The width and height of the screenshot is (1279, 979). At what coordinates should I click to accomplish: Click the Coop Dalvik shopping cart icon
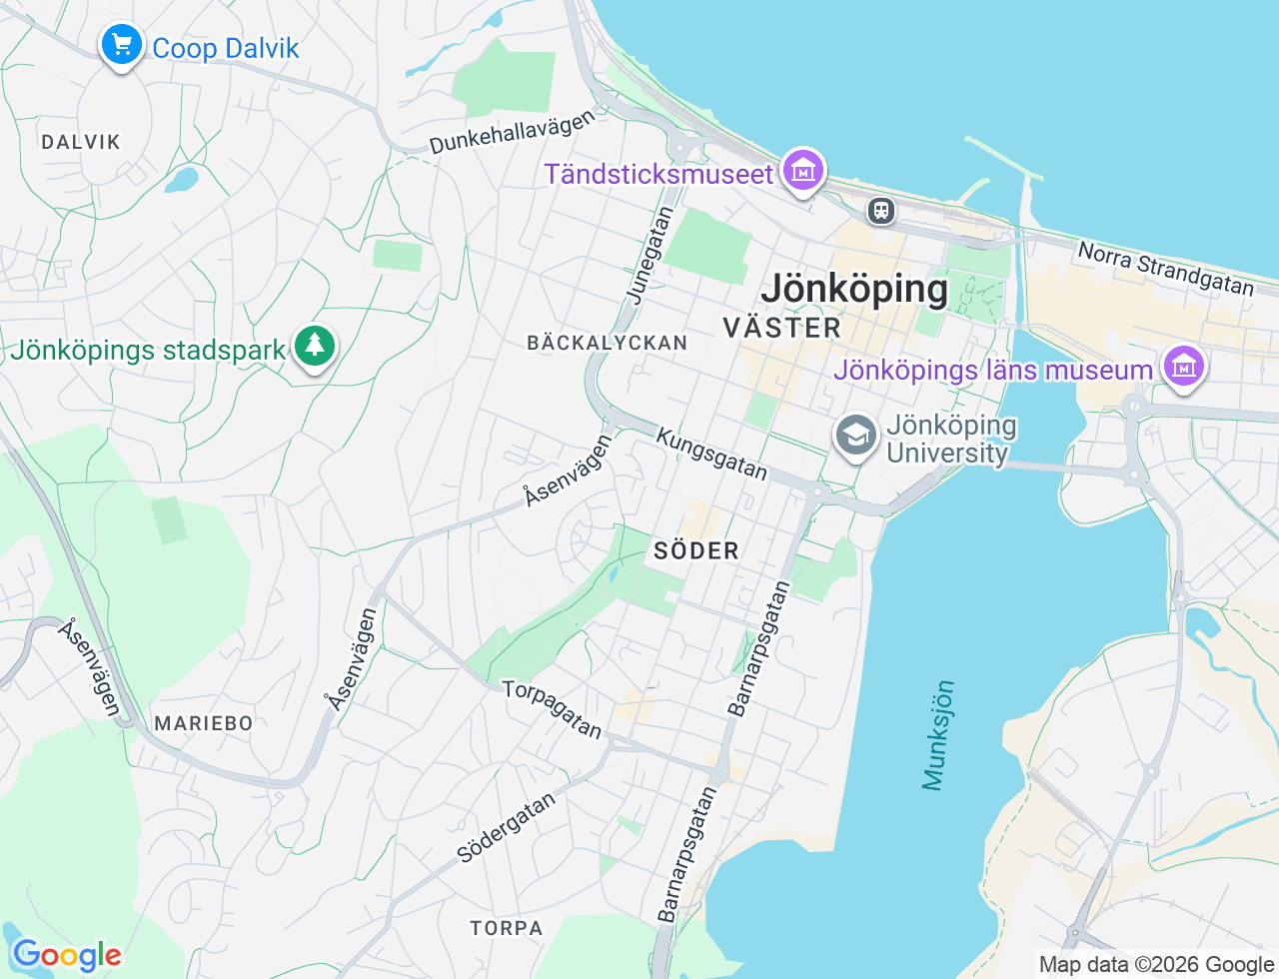[x=122, y=45]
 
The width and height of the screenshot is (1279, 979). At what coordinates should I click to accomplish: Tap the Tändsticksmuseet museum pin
[x=803, y=171]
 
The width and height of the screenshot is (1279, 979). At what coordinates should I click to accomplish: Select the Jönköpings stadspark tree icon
[x=315, y=347]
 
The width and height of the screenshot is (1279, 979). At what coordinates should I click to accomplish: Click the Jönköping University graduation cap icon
[x=856, y=437]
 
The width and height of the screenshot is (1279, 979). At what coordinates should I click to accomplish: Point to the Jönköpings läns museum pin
[x=1184, y=367]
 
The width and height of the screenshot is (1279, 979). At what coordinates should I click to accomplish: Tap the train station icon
[x=880, y=210]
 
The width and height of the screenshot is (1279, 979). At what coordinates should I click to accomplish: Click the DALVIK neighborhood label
[x=81, y=142]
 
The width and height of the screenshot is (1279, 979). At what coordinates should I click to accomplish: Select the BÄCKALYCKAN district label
[x=607, y=343]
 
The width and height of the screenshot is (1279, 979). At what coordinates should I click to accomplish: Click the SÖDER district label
[x=696, y=550]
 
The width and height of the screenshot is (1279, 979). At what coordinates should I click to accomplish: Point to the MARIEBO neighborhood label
[x=204, y=723]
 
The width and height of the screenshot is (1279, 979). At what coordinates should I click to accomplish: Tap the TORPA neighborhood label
[x=507, y=928]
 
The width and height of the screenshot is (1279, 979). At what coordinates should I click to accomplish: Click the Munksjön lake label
[x=938, y=735]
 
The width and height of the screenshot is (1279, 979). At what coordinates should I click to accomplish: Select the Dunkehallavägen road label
[x=512, y=132]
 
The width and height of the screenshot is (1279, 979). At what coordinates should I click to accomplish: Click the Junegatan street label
[x=649, y=255]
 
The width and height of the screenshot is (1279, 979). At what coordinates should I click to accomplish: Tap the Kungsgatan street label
[x=711, y=454]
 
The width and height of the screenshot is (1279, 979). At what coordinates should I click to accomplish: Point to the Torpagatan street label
[x=553, y=709]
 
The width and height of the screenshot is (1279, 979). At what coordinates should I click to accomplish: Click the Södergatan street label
[x=506, y=828]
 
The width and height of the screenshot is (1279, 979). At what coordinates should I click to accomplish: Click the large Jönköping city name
[x=854, y=289]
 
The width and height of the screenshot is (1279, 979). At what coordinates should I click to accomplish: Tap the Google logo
[x=67, y=956]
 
